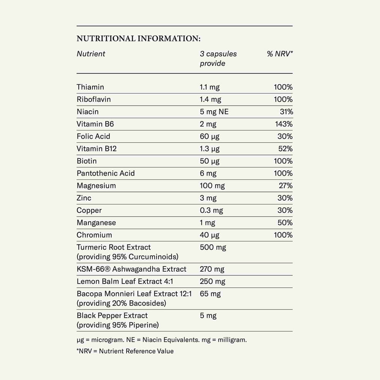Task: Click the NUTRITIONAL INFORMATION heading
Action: click(x=138, y=39)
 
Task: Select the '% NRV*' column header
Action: click(x=280, y=54)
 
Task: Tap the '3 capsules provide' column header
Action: click(x=218, y=59)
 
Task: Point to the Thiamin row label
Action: click(x=90, y=87)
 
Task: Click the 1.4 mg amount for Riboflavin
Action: click(x=210, y=100)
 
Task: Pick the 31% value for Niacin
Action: click(x=286, y=112)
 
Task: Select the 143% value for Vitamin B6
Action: click(x=284, y=124)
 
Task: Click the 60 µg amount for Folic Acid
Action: click(x=210, y=136)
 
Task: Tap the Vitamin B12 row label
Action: click(x=97, y=149)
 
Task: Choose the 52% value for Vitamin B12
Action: click(x=285, y=149)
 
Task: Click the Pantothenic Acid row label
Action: click(x=106, y=173)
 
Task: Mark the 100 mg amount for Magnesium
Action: click(x=212, y=186)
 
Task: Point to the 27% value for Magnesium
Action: click(x=285, y=186)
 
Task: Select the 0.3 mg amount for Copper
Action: click(x=211, y=211)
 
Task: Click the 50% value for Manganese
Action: click(x=285, y=223)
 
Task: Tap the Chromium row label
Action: click(x=94, y=235)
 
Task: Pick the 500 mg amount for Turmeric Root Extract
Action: click(x=213, y=247)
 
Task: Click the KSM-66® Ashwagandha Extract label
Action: click(x=131, y=269)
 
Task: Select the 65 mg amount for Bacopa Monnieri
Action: click(x=210, y=294)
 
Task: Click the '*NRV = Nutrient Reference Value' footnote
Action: click(x=125, y=351)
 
